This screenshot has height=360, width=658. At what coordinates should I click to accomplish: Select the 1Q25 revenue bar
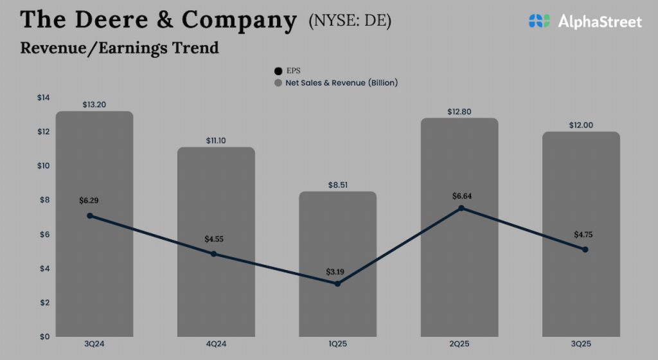point(337,309)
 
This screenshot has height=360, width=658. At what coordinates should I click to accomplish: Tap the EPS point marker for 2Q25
point(461,208)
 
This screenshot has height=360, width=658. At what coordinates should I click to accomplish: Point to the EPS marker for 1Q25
point(337,283)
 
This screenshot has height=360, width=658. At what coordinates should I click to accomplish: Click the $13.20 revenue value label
point(94,104)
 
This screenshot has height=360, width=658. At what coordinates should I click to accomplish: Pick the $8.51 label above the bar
point(338,184)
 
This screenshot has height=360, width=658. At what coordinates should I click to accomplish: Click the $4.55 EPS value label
point(215,239)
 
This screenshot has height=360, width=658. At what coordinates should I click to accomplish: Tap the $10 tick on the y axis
point(43,166)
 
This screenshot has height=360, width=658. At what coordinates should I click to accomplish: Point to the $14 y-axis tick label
point(43,98)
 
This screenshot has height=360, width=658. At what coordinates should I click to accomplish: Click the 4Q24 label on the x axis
point(215,345)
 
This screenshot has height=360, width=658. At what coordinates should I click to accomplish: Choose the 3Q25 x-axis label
point(581,345)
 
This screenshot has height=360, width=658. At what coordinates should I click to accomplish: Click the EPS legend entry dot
point(278,71)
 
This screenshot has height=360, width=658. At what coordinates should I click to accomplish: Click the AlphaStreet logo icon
point(540,21)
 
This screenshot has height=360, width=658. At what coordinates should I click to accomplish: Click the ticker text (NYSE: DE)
point(350,21)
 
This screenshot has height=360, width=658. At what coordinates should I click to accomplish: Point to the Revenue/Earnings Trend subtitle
point(120,48)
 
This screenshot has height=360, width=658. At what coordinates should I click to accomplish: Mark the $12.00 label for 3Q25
point(581,125)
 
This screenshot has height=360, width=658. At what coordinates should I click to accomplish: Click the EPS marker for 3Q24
point(90,216)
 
